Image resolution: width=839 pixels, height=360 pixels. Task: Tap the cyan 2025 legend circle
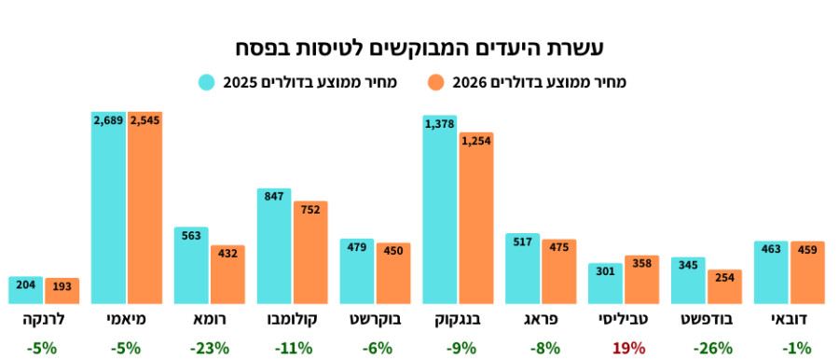tap(206, 82)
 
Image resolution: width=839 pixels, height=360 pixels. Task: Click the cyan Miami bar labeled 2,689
tap(108, 210)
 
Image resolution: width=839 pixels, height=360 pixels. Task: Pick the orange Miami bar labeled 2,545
tap(144, 210)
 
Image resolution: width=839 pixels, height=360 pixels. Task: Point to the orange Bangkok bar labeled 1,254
tap(475, 219)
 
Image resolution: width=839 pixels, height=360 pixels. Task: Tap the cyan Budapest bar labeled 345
tap(688, 281)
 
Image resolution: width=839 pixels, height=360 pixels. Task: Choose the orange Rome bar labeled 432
tap(227, 275)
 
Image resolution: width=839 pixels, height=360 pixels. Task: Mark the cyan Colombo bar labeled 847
tap(273, 247)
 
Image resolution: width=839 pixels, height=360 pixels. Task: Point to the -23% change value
tap(209, 348)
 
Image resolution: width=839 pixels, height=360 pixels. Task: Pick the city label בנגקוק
tap(458, 320)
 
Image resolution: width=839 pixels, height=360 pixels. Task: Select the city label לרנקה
tap(43, 320)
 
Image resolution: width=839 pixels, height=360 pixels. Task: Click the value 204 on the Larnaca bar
tap(25, 285)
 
